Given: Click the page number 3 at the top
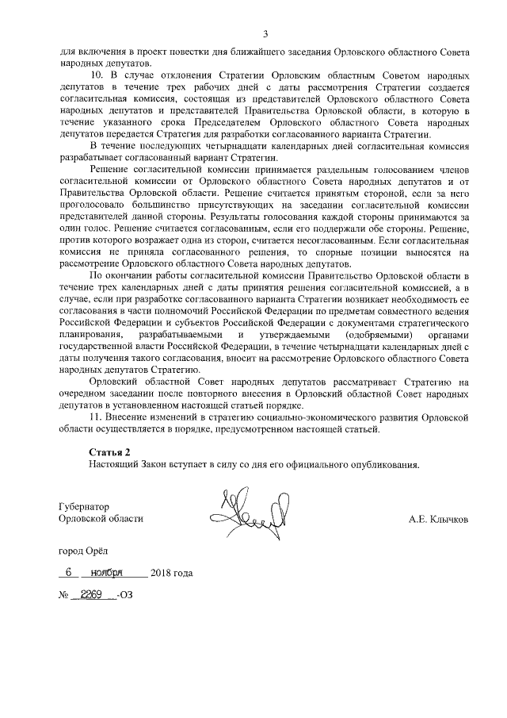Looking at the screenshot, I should [x=265, y=33].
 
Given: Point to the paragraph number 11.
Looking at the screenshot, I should [x=95, y=417].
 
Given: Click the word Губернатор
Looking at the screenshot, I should [x=84, y=506].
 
